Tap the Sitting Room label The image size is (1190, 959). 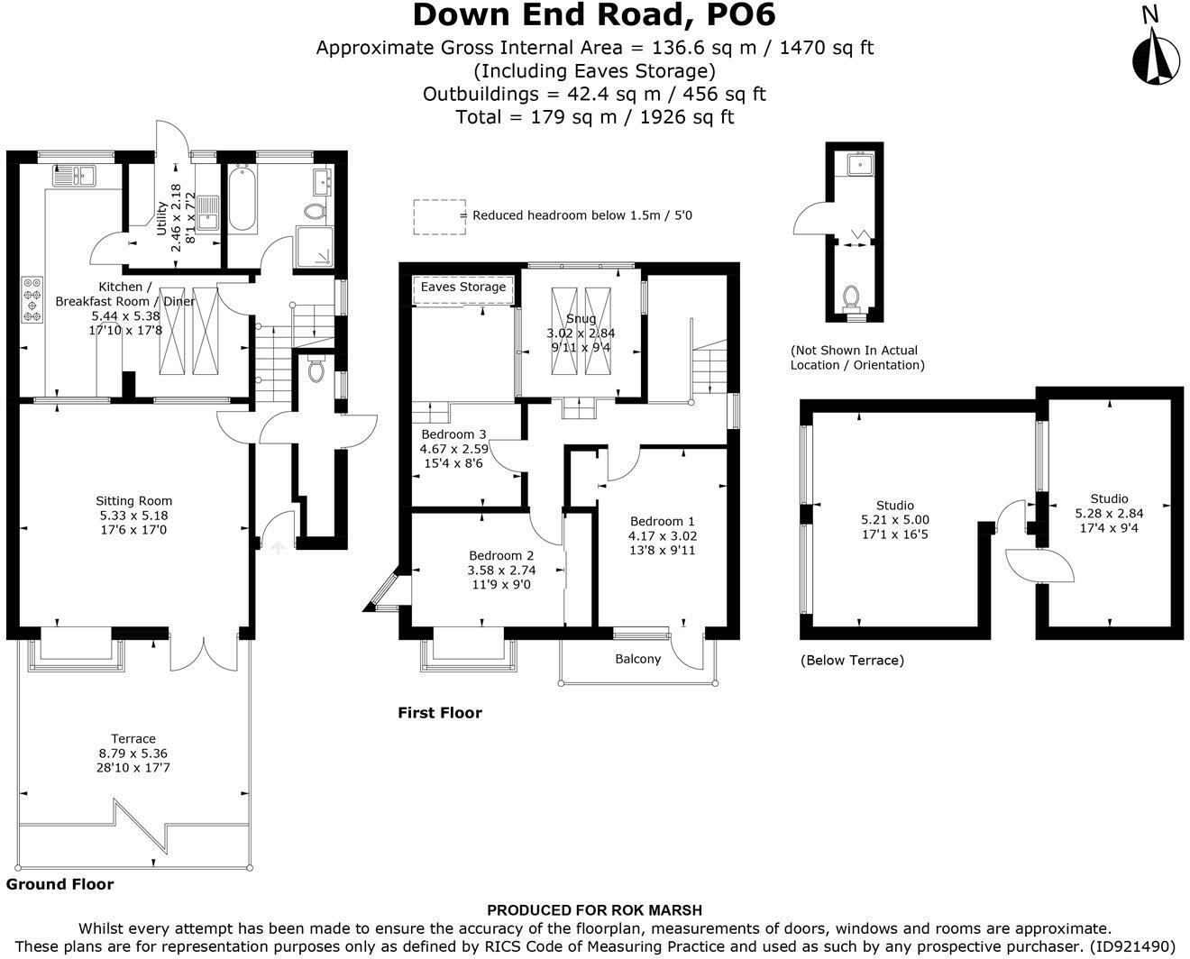133,501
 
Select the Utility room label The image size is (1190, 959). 161,218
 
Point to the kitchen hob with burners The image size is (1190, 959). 32,299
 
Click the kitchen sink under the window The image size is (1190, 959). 74,176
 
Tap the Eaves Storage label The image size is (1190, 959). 463,287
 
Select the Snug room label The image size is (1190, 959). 581,318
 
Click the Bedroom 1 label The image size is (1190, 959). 662,521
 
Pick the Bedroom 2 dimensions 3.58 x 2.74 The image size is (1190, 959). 501,571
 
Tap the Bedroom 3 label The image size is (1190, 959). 453,434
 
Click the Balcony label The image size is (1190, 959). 637,659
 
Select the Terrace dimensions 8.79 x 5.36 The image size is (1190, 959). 133,753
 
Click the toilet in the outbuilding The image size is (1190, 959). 851,297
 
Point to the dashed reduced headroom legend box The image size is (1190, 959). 440,217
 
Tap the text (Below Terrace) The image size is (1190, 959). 852,661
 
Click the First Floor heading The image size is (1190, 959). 440,712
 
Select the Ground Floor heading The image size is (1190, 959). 59,884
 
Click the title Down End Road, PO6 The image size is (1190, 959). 594,15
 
